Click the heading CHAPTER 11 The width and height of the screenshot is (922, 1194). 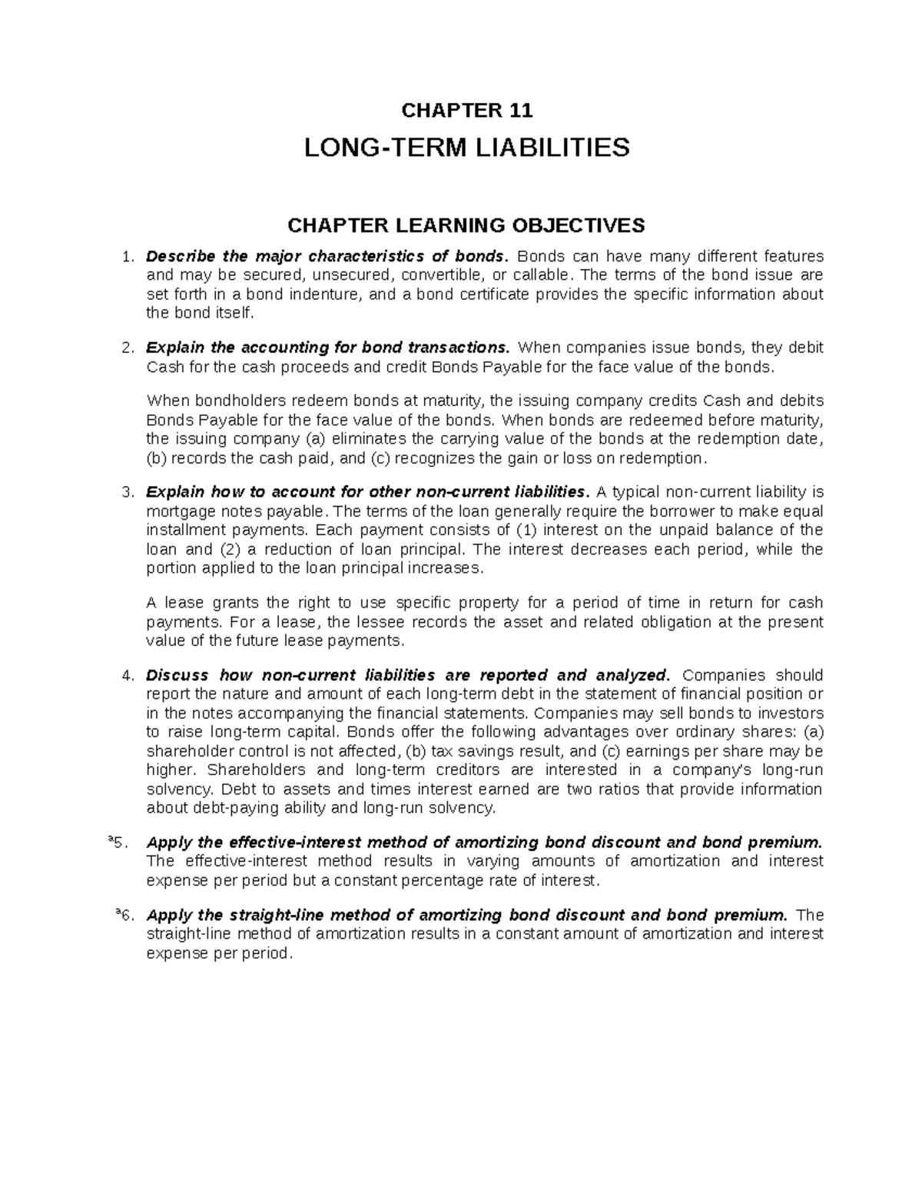467,111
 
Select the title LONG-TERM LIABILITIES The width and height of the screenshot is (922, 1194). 467,147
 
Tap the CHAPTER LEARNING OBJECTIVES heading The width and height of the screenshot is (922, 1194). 466,225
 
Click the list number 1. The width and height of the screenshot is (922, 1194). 128,257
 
